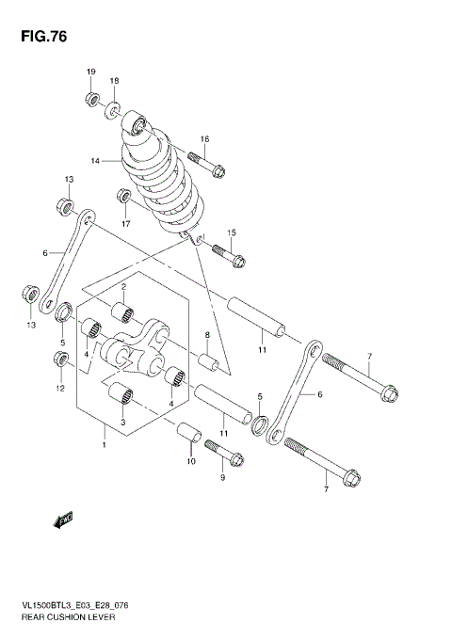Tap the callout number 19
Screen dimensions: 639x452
pos(91,72)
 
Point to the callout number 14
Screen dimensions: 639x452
pos(95,161)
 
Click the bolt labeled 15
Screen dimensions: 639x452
pos(228,253)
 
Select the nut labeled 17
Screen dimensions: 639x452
pos(123,197)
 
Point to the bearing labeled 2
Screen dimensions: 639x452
pos(122,312)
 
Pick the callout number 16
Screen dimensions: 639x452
pos(204,139)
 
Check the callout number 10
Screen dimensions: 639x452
pos(189,462)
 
